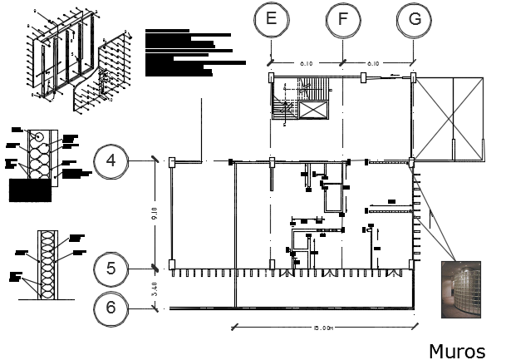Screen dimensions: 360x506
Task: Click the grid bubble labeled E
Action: tap(271, 20)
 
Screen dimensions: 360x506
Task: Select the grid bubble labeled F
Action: tap(342, 20)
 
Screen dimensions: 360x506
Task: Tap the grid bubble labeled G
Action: tap(414, 20)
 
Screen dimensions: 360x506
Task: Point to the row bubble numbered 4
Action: tap(111, 161)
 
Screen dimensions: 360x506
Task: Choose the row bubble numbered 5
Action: tap(111, 269)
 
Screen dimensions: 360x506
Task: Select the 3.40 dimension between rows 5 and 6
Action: tap(154, 290)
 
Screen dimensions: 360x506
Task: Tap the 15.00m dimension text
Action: tap(325, 328)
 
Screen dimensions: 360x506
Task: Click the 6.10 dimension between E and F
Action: tap(307, 63)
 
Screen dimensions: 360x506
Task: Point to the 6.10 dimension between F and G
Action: tap(376, 63)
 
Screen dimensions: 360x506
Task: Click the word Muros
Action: tap(456, 350)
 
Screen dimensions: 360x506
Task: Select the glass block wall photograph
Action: tap(461, 288)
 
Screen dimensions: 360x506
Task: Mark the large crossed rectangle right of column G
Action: tap(449, 118)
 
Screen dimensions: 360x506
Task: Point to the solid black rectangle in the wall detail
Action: tap(29, 190)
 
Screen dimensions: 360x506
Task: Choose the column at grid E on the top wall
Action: tap(271, 77)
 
